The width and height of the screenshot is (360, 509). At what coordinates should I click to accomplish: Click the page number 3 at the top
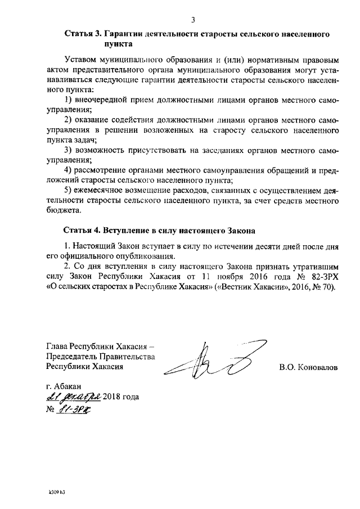pos(193,21)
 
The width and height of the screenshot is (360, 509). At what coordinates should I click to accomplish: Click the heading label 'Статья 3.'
pos(82,34)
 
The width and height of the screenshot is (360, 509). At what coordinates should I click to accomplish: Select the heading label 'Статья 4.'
pos(82,231)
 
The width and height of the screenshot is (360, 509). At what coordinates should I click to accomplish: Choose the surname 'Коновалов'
pos(319,368)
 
